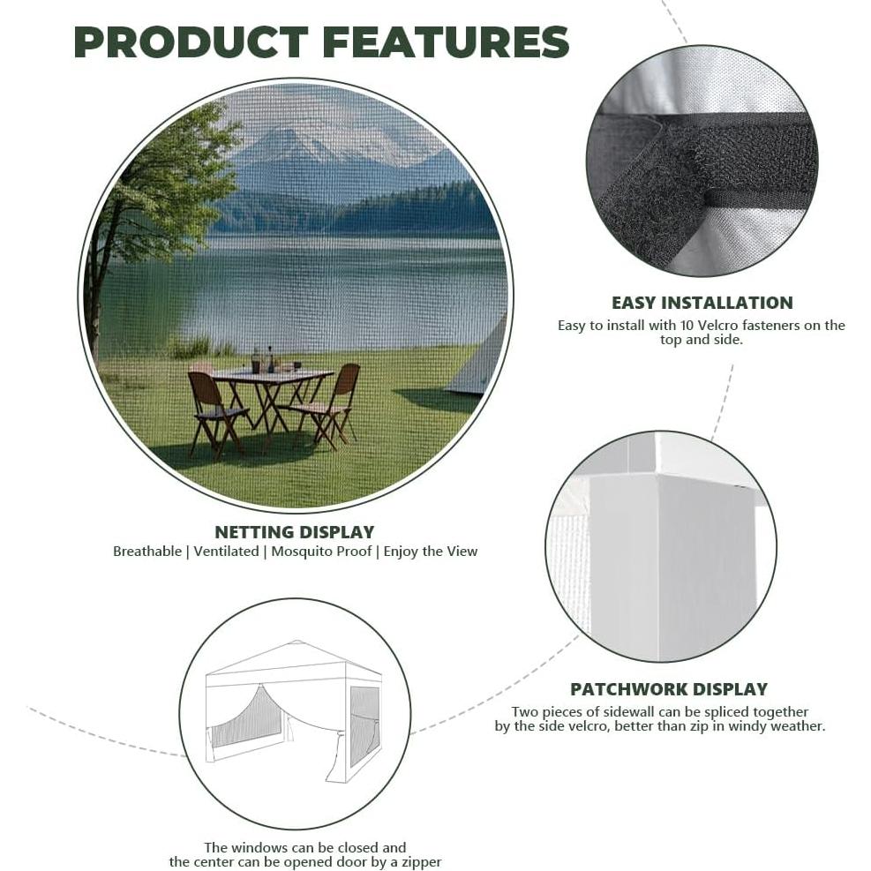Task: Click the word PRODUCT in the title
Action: coord(191,42)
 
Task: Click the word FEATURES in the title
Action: coord(446,42)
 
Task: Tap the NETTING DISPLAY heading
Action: coord(295,531)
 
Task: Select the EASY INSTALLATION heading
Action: coord(702,303)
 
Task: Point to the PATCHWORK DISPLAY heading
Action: coord(669,689)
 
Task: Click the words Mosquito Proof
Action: coord(321,552)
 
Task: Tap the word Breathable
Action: coord(147,552)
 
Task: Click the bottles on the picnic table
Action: coord(263,360)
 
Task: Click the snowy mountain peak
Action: coord(289,139)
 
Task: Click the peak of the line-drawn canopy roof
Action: coord(297,642)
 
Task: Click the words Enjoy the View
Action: coord(431,552)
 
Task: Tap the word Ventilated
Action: coord(226,552)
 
